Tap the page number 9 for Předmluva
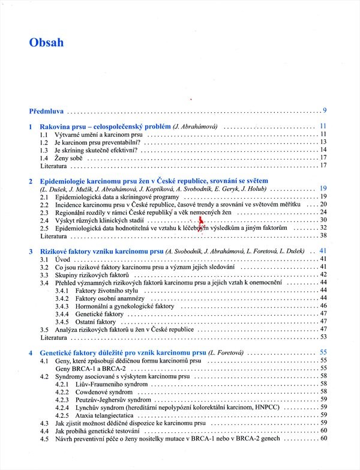324,110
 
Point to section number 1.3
44,150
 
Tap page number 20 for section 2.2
323,205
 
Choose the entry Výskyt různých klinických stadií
100,220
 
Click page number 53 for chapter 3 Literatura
323,337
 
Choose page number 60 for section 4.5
323,439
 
